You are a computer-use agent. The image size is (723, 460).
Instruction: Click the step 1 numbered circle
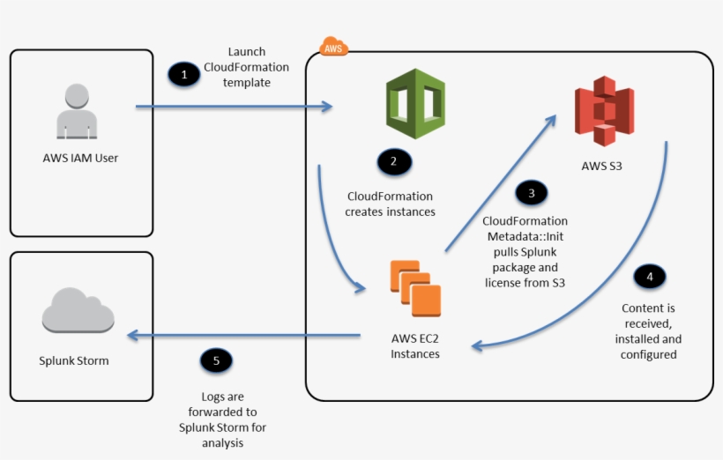coord(183,75)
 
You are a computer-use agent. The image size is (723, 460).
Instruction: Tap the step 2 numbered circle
coord(393,161)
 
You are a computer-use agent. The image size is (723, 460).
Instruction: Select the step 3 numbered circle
coord(531,192)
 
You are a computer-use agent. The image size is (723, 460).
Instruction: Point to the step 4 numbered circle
coord(650,277)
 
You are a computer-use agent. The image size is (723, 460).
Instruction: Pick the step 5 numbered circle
coord(216,360)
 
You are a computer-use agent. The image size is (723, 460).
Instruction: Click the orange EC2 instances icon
coord(415,288)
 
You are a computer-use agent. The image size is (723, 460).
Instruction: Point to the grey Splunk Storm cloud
coord(77,312)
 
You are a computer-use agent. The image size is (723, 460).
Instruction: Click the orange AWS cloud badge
coord(333,48)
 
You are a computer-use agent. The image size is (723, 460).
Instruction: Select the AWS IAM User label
coord(80,159)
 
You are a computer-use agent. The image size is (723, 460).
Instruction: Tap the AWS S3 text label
coord(604,166)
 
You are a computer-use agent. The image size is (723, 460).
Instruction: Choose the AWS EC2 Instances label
coord(415,345)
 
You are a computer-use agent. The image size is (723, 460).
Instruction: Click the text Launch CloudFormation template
coord(246,67)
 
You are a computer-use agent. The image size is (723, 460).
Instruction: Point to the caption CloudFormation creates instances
coord(390,204)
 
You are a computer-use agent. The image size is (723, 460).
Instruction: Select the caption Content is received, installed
coord(648,331)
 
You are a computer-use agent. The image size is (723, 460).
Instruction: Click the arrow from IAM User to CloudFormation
coord(234,108)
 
